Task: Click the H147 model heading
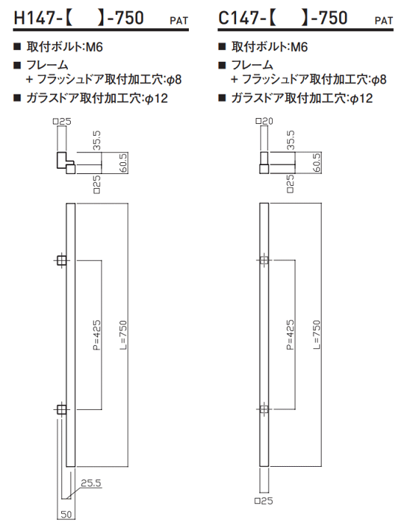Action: pos(78,18)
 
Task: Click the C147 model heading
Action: pos(283,18)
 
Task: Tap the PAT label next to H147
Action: pos(178,21)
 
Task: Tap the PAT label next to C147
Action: pos(384,21)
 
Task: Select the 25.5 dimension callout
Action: pos(91,483)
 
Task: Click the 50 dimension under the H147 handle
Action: pos(66,515)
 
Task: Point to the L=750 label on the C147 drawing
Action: pos(316,335)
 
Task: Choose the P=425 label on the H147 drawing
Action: pos(97,335)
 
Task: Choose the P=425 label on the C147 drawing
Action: pos(290,335)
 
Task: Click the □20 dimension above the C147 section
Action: pos(264,121)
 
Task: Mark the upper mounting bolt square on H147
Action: pos(61,261)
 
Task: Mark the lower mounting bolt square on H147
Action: pos(61,410)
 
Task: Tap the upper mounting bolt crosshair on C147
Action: pos(264,260)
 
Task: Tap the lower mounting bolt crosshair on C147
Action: pos(264,409)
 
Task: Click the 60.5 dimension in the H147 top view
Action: pos(123,163)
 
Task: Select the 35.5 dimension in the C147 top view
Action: pos(291,140)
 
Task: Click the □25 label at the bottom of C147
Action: pos(264,501)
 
